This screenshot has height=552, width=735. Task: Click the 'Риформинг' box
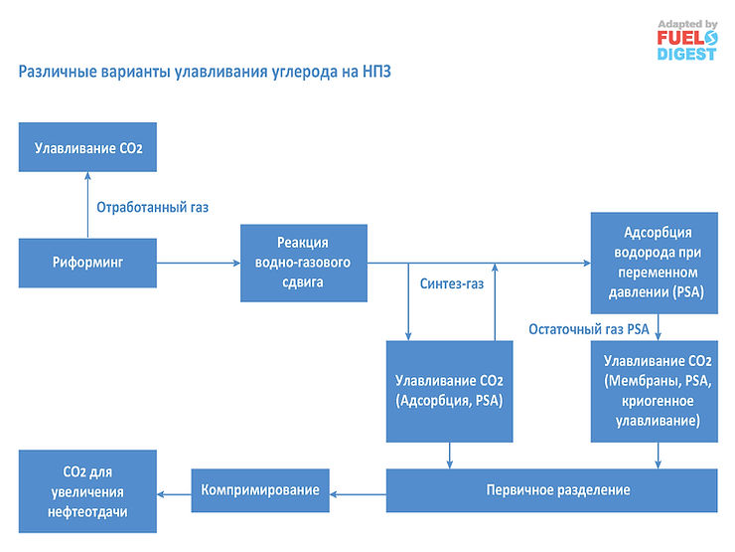[x=87, y=263]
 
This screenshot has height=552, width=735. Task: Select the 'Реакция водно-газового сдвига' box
[x=303, y=263]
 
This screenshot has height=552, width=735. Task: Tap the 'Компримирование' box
[x=259, y=489]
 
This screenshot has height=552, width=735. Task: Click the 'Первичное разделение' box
[x=557, y=490]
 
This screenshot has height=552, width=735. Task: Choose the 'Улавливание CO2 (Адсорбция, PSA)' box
[x=449, y=390]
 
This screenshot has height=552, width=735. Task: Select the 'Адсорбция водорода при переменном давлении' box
[x=654, y=263]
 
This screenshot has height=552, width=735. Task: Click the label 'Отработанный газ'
[x=152, y=207]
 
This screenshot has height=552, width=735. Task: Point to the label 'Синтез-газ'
[x=452, y=284]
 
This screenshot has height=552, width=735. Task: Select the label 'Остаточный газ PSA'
[x=588, y=328]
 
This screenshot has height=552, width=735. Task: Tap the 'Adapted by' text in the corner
[x=687, y=24]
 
